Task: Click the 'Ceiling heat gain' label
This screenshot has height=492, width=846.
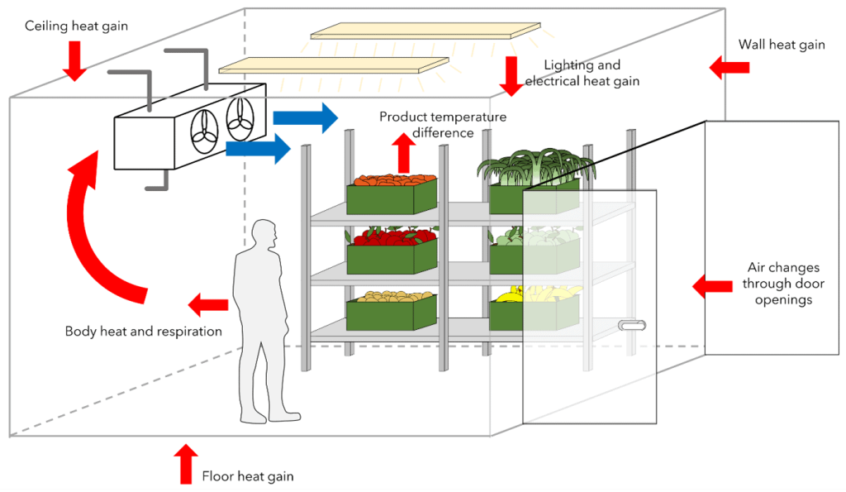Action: tap(76, 26)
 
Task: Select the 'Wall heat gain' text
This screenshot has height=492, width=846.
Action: tap(782, 45)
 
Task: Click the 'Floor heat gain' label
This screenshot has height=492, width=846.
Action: tap(248, 476)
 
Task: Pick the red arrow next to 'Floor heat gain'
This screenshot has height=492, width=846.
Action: tap(185, 463)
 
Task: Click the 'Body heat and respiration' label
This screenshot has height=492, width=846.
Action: tap(144, 332)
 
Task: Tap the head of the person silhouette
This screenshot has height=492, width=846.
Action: tap(264, 234)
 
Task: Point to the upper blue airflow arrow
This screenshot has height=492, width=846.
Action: tap(306, 117)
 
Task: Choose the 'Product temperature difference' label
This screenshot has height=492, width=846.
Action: tap(443, 124)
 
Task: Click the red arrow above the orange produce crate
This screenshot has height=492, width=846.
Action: tap(404, 154)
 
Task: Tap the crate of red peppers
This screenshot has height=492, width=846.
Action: tap(391, 251)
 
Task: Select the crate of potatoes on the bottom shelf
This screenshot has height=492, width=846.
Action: tap(391, 308)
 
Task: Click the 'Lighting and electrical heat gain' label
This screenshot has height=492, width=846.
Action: tap(582, 73)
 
